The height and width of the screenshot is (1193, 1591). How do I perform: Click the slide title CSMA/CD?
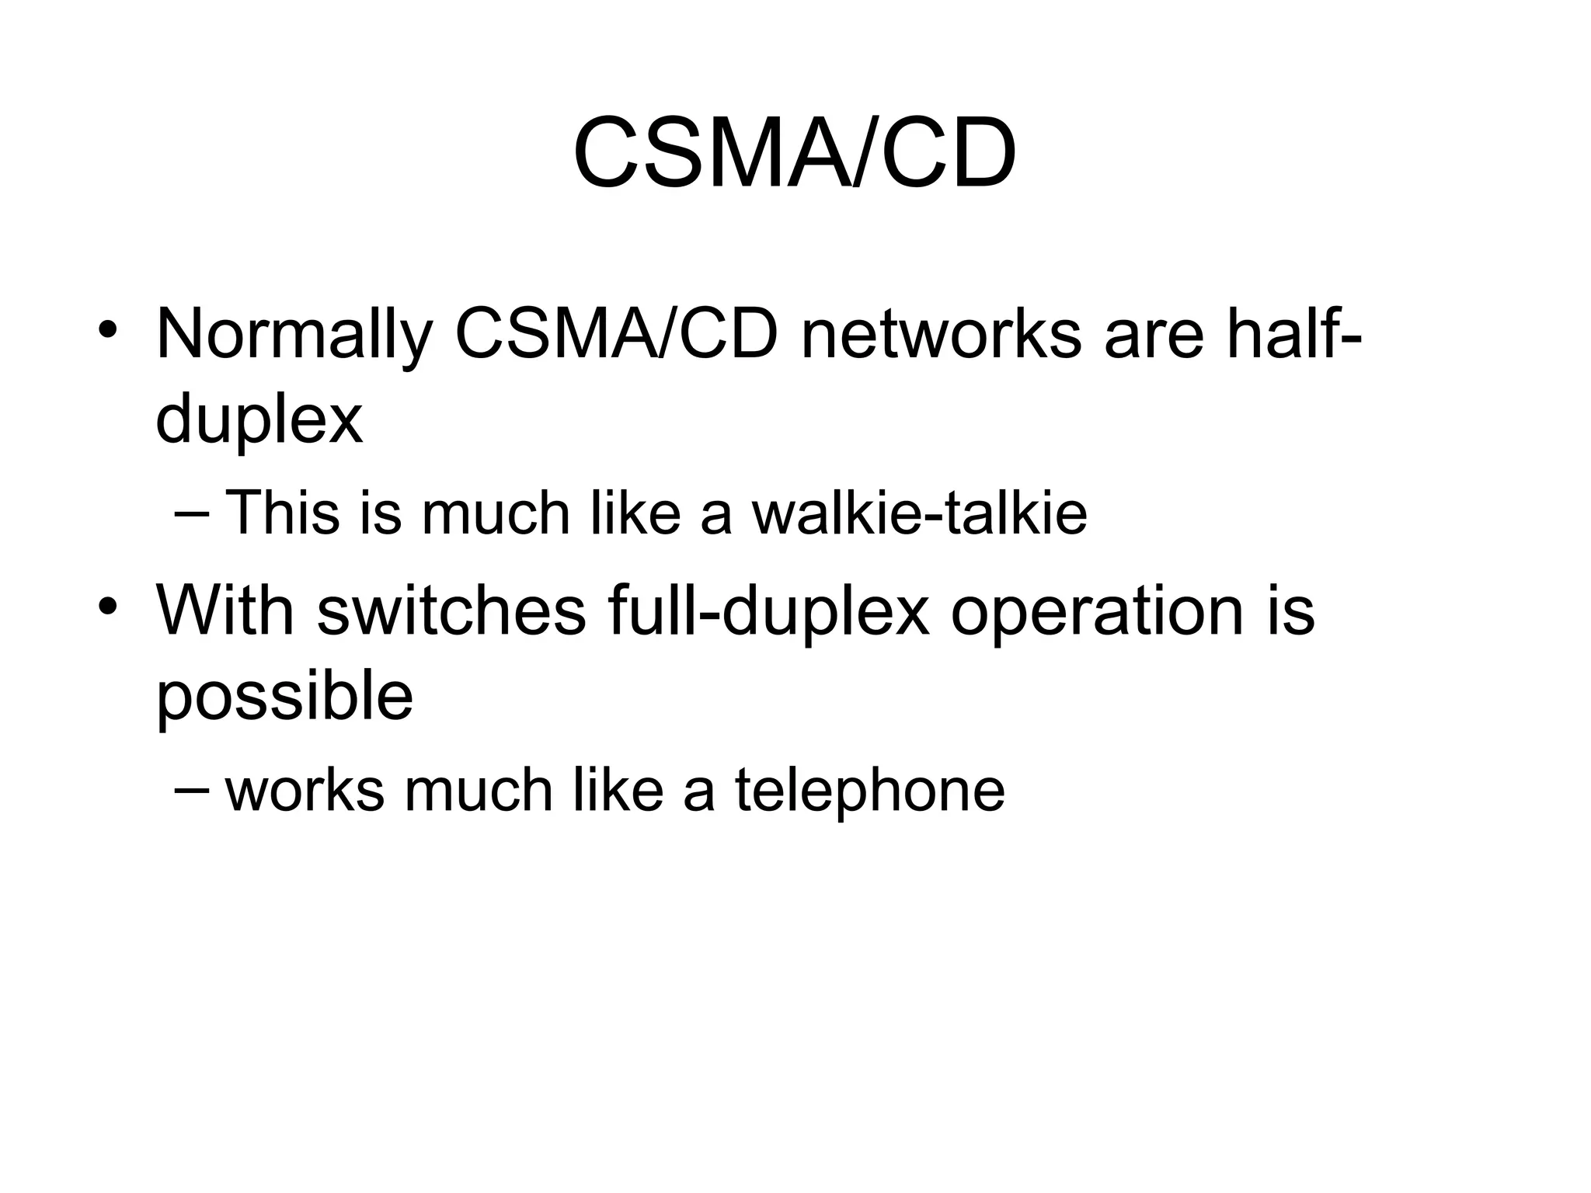pos(794,153)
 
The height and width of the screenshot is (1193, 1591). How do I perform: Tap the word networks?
pos(941,335)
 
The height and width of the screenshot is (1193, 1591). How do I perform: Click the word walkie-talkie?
pos(919,513)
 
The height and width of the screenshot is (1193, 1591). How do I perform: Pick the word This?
pos(282,513)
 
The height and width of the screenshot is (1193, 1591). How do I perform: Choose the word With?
pos(226,610)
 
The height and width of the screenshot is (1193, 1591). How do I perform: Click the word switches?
pos(451,610)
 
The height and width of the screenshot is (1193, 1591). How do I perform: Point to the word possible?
pos(284,696)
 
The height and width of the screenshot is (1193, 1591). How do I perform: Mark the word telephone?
pos(869,791)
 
